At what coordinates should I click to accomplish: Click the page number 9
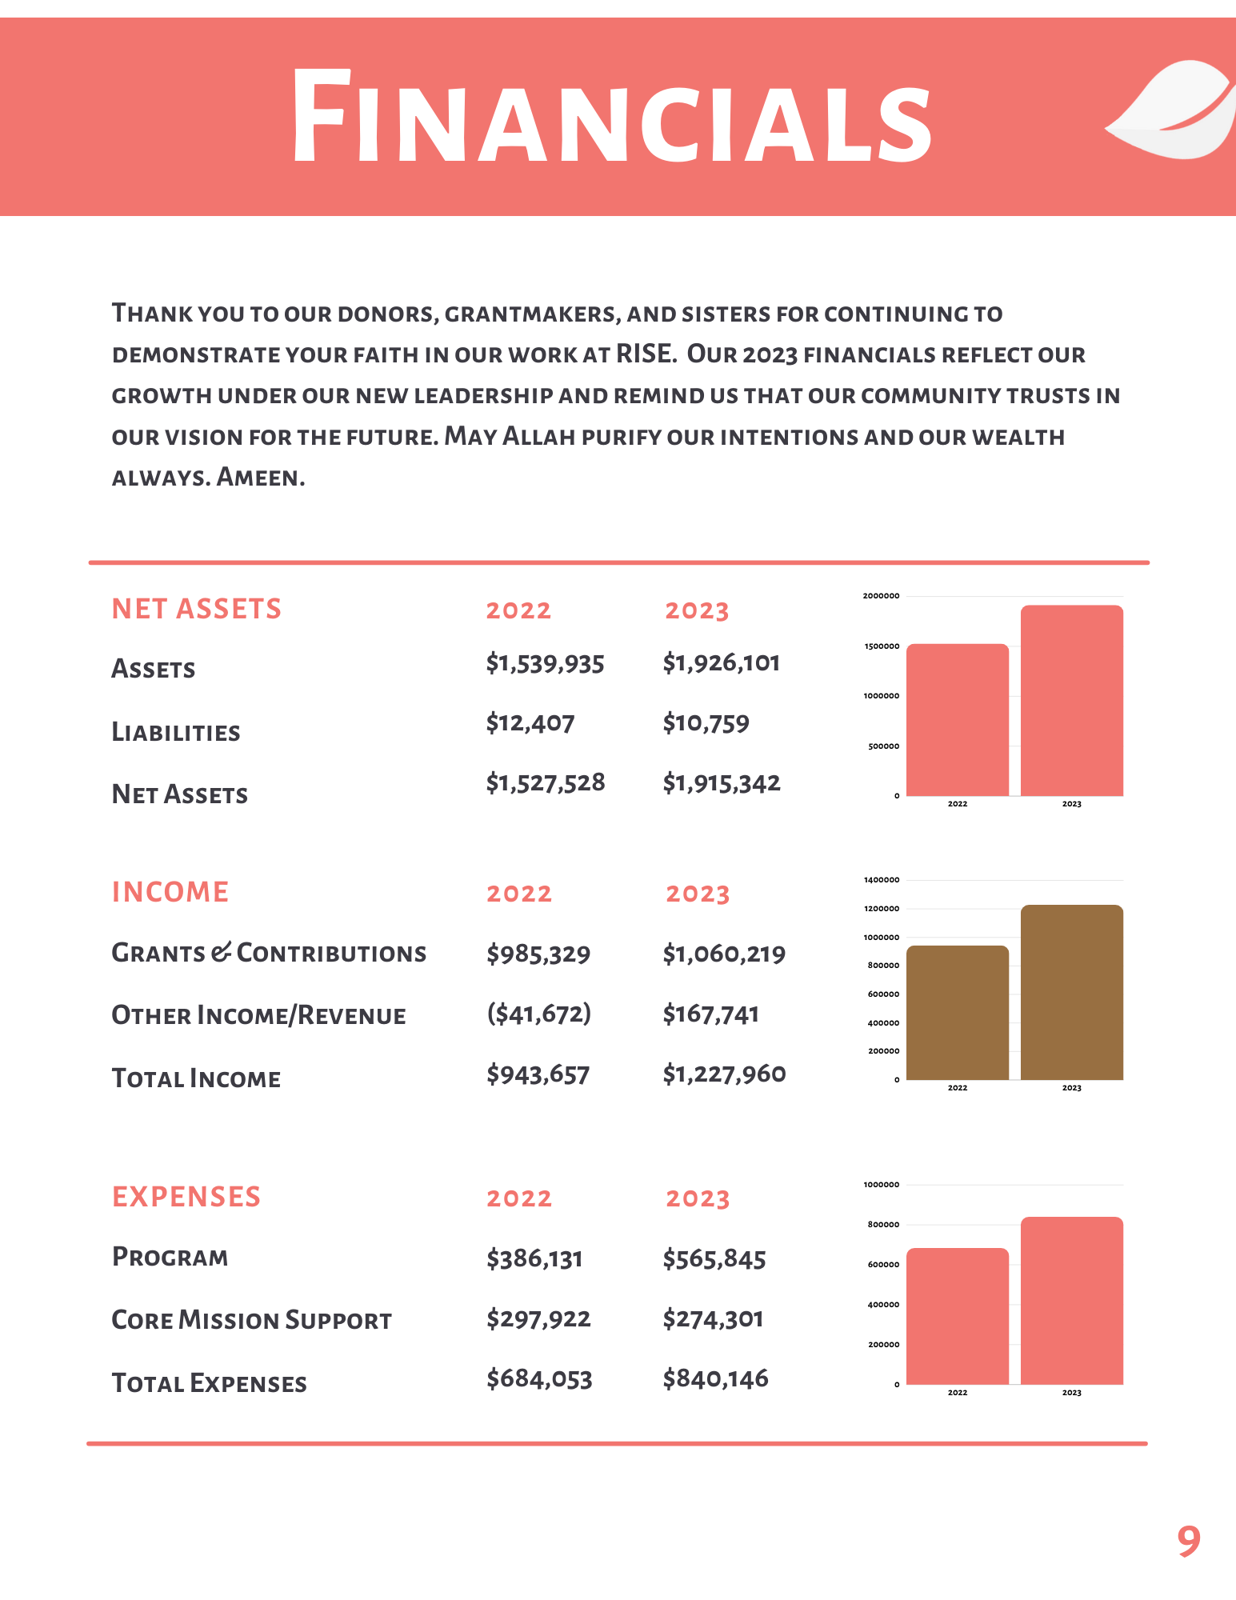[x=1189, y=1541]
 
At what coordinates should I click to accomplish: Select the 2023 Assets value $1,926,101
[x=721, y=663]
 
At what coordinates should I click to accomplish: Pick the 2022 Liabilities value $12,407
[x=530, y=723]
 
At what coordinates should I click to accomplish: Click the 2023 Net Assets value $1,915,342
[x=721, y=783]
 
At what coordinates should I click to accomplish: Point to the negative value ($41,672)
[x=538, y=1014]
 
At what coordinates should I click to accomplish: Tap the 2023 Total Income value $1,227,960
[x=724, y=1074]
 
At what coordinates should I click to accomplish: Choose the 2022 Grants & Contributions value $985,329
[x=538, y=954]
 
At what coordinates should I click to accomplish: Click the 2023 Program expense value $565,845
[x=714, y=1259]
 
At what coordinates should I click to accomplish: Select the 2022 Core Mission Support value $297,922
[x=538, y=1319]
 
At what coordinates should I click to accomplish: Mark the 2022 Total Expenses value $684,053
[x=539, y=1379]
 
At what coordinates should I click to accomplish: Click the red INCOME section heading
[x=170, y=892]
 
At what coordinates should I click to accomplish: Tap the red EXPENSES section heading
[x=186, y=1197]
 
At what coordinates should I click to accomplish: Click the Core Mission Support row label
[x=252, y=1320]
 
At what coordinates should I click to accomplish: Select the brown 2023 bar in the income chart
[x=1071, y=992]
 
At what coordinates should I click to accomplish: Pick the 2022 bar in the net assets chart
[x=958, y=720]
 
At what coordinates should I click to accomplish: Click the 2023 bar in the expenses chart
[x=1071, y=1301]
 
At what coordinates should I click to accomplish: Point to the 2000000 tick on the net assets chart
[x=881, y=596]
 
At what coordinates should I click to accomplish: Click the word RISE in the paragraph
[x=644, y=354]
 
